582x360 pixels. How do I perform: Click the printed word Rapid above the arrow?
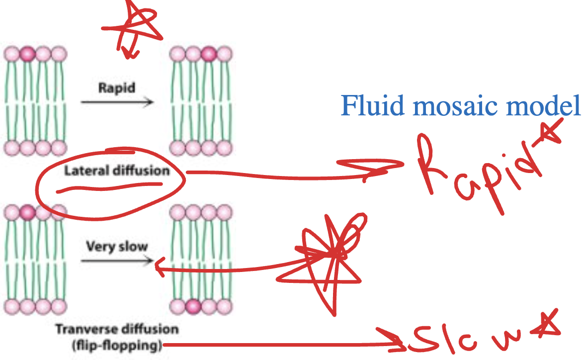click(x=117, y=88)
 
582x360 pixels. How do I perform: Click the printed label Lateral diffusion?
click(x=117, y=171)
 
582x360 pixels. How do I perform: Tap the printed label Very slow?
click(x=117, y=247)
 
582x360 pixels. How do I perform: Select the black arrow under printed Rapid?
click(x=117, y=102)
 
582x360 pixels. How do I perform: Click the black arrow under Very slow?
click(x=117, y=260)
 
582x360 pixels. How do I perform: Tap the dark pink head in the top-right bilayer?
click(x=209, y=53)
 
